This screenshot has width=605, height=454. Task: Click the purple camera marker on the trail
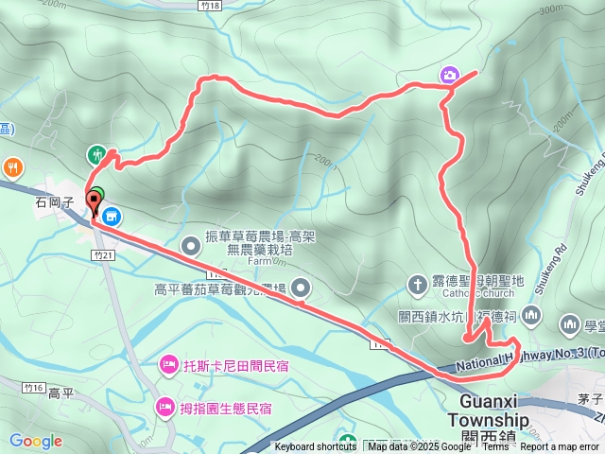pos(449,75)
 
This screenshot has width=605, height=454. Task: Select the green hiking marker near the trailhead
pos(96,153)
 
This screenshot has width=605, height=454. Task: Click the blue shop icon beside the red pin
pos(111,217)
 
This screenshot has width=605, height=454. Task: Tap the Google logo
pos(35,441)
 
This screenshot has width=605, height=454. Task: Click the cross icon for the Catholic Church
pos(417,283)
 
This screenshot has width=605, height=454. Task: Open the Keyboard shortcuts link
pos(316,447)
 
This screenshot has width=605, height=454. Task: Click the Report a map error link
pos(563,447)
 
